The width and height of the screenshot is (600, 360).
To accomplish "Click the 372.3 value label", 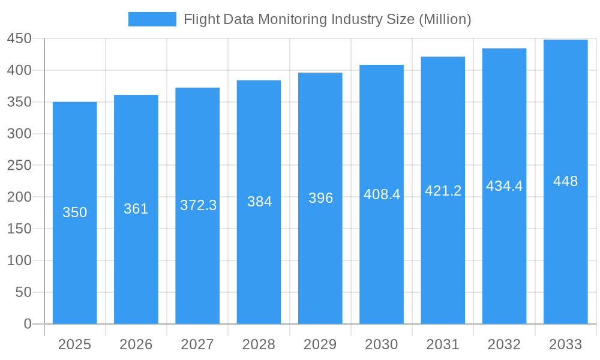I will point(198,205).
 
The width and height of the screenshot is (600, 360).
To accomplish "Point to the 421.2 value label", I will point(443,191).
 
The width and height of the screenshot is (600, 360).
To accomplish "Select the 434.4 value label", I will point(504,186).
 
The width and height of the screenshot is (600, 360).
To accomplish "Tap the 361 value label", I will point(136,209).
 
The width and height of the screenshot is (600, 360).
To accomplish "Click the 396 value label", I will point(320,198).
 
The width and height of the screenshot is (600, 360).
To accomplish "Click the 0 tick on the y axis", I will point(28,324).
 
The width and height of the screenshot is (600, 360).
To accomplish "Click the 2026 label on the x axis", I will point(136,344).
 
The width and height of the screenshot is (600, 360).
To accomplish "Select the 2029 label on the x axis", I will point(320,344).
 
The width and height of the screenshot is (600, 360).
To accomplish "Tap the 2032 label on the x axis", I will point(504,344).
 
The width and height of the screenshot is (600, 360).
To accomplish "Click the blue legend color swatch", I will point(152,19).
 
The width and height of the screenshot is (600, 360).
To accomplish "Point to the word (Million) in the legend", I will point(445,19).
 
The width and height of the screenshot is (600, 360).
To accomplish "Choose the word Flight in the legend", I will point(202,19).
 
